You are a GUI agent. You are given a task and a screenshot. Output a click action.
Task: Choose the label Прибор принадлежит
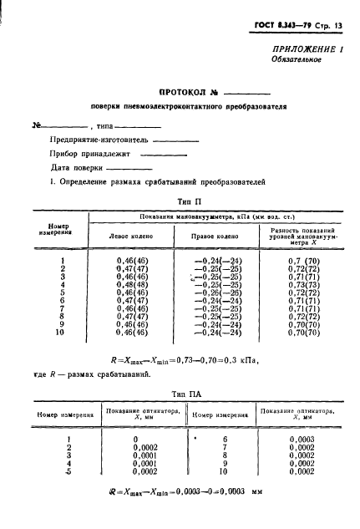[90, 153]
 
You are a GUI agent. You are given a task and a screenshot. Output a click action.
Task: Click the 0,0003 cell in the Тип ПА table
[302, 439]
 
